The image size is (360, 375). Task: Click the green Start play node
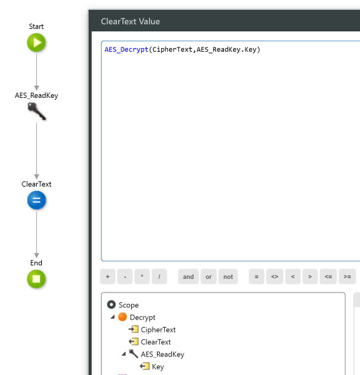tap(36, 43)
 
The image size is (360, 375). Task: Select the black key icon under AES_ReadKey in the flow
tap(36, 111)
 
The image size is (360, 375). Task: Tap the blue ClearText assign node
tap(36, 201)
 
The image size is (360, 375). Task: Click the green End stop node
tap(36, 279)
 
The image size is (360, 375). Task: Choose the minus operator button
tap(125, 276)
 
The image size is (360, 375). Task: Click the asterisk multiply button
tap(142, 276)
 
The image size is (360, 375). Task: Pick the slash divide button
tap(159, 276)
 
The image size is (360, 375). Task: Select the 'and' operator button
tap(188, 276)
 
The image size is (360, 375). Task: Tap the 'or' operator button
tap(209, 276)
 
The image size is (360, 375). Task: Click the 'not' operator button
tap(228, 276)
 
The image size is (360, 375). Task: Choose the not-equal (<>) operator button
tap(274, 276)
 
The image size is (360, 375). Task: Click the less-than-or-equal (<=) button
tap(329, 276)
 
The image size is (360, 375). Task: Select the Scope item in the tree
tap(128, 305)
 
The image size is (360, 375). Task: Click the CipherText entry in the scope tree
tap(158, 329)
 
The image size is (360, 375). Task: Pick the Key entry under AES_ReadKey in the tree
tap(158, 366)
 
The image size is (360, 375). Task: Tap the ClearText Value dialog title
tap(130, 22)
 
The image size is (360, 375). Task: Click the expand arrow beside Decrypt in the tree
tap(113, 317)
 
